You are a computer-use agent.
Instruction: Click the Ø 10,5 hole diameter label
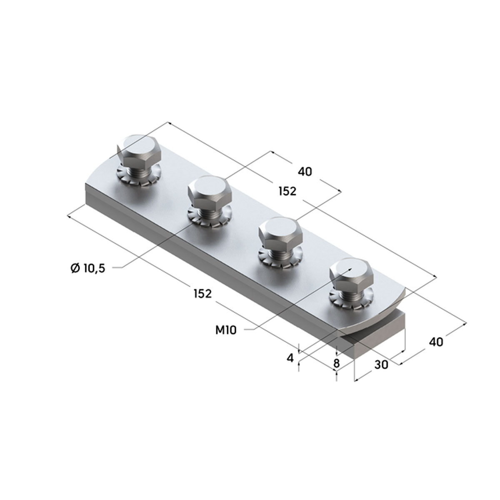tap(87, 268)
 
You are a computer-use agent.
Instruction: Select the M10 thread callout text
tap(226, 330)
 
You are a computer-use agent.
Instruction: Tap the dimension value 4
tap(290, 358)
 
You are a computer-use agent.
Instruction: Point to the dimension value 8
tap(336, 363)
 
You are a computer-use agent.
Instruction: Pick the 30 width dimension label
tap(381, 365)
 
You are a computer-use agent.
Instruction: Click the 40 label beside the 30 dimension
tap(436, 342)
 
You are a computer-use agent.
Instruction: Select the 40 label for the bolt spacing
tap(305, 172)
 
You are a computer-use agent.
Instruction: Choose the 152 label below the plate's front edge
tap(203, 293)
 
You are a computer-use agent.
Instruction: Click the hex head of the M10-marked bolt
tap(351, 275)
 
